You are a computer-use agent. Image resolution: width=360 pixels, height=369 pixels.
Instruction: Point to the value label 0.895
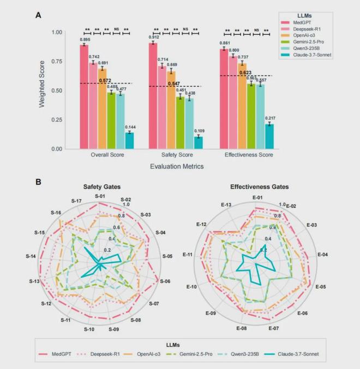[x=84, y=39]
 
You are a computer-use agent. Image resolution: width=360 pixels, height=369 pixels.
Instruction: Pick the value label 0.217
[x=269, y=118]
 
